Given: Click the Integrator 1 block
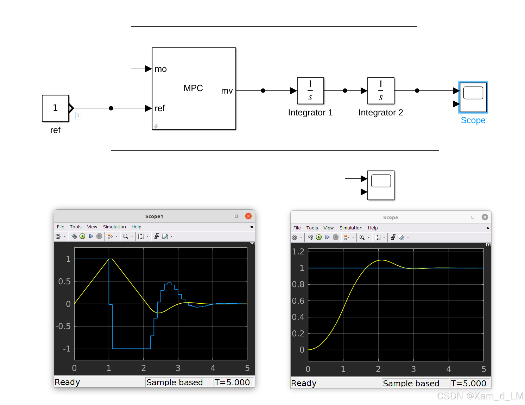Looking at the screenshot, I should click(310, 91).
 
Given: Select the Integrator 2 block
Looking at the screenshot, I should click(380, 91).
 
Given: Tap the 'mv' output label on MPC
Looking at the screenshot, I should click(227, 91).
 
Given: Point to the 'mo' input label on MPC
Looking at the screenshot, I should click(160, 69).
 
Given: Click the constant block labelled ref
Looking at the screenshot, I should click(55, 108).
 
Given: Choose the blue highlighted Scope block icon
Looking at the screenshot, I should click(473, 97).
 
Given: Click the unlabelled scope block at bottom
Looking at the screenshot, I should click(381, 185).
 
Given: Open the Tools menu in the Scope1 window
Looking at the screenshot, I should click(75, 227).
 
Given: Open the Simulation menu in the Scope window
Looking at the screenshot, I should click(350, 228).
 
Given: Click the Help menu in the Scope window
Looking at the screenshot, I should click(373, 228).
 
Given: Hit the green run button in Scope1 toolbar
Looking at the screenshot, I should click(82, 236).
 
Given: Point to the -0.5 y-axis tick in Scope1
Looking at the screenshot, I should click(63, 326).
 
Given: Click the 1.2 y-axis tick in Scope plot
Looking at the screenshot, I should click(298, 252).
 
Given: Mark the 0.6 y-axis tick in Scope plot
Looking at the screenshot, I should click(298, 301).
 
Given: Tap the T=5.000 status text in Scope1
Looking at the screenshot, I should click(232, 382).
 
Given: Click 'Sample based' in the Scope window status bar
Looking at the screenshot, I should click(411, 383).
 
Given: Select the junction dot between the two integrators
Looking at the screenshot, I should click(345, 91).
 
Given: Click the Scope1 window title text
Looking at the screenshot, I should click(154, 216).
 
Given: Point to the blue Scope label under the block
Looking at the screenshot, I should click(473, 120).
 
